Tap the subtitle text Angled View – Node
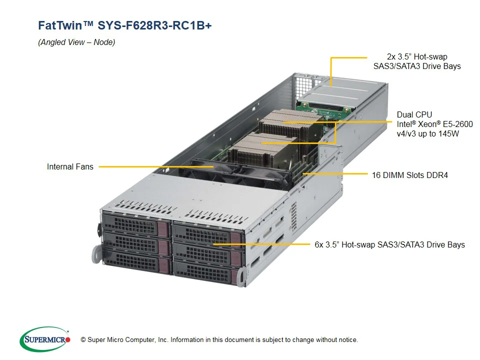[76, 42]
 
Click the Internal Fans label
[70, 166]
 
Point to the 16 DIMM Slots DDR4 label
[409, 175]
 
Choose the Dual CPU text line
[414, 114]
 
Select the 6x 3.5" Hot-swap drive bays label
[389, 244]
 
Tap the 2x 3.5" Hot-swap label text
[416, 56]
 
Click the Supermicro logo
[45, 339]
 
